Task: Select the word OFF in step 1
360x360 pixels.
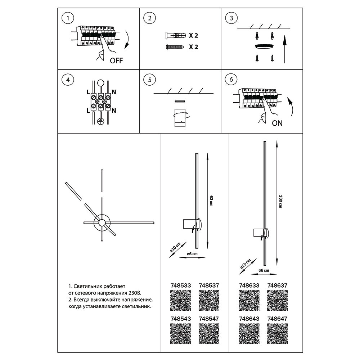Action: (x=116, y=60)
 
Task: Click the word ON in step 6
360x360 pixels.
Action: (x=277, y=123)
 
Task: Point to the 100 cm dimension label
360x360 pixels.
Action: (x=280, y=203)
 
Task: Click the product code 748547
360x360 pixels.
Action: (x=209, y=319)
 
